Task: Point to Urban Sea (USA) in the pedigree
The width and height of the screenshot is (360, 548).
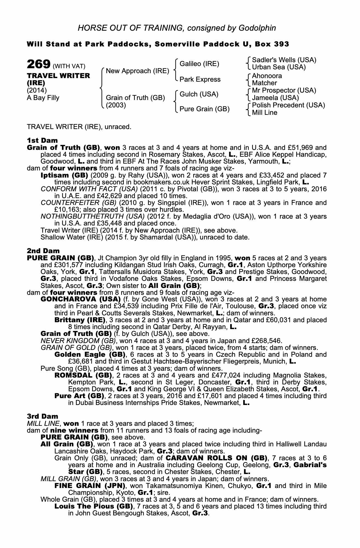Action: (279, 67)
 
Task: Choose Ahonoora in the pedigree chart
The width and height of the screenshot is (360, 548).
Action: (267, 76)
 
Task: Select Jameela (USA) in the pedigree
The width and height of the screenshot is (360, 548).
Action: (275, 98)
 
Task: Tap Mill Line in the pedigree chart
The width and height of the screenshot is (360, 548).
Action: (264, 113)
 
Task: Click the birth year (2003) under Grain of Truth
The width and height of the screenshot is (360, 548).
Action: (116, 105)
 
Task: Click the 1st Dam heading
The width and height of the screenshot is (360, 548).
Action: (42, 141)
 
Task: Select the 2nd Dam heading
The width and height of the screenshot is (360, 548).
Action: (43, 250)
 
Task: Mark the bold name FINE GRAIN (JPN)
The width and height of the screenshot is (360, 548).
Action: (90, 486)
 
